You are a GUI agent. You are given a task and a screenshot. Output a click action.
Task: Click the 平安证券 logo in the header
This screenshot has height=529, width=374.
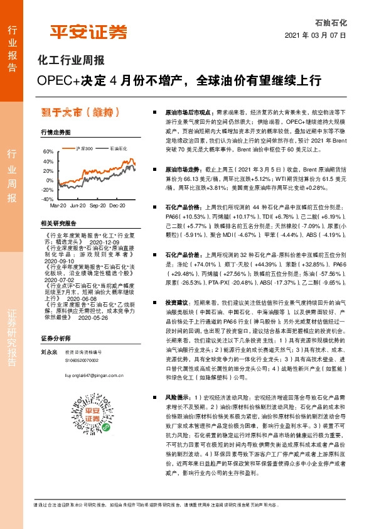coord(88,31)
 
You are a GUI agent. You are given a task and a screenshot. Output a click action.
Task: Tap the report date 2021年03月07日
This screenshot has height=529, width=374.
coord(319,36)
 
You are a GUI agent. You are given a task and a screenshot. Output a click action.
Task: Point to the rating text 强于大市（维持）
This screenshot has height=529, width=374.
coord(78,112)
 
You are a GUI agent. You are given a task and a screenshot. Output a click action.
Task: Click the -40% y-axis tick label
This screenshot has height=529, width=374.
coord(48,199)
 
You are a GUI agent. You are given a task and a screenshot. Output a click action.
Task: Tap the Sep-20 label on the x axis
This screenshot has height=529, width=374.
coord(98,205)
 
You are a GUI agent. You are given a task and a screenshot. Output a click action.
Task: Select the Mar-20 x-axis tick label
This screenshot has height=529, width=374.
coord(58,205)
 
